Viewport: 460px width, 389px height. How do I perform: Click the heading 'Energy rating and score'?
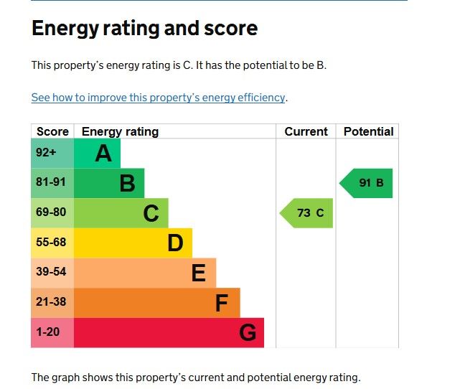point(144,29)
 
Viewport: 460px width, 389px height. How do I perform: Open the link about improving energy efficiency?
point(159,98)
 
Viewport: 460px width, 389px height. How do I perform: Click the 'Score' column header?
point(52,131)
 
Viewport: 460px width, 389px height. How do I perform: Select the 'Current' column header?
point(306,131)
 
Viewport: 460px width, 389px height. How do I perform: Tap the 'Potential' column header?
point(368,131)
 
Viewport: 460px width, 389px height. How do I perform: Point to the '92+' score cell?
point(46,153)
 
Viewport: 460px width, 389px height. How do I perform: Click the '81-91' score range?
point(51,183)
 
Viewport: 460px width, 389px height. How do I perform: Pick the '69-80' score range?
point(51,213)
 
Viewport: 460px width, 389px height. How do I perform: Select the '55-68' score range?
point(51,243)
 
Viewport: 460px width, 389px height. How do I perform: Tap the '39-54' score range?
point(51,273)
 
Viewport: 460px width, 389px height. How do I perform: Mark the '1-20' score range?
point(48,332)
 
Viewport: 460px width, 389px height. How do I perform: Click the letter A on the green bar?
point(103,154)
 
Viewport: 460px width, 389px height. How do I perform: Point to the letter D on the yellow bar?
point(175,243)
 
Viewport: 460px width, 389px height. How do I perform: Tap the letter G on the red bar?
point(248,333)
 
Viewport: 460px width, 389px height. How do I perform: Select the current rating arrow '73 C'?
point(307,213)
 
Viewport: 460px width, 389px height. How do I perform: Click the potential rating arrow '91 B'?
point(367,183)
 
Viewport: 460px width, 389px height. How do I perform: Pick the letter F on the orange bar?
point(222,304)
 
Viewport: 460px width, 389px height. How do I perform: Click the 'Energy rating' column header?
point(120,131)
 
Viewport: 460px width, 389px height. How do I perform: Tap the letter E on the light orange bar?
point(199,273)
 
